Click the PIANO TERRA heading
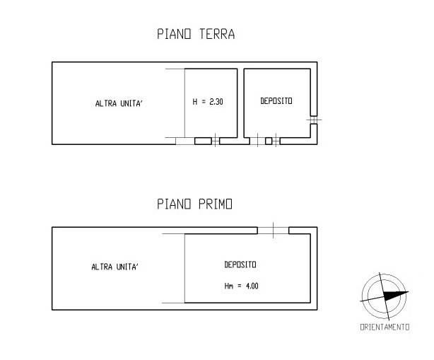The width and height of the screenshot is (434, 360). [x=196, y=34]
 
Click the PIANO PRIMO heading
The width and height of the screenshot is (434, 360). [x=194, y=204]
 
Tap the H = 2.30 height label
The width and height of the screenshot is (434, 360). [x=208, y=102]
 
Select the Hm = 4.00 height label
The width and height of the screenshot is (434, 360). [x=241, y=286]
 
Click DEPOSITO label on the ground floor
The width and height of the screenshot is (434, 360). [x=276, y=101]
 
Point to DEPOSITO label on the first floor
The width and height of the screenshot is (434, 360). [x=240, y=265]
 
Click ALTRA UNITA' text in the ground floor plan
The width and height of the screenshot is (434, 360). [x=119, y=103]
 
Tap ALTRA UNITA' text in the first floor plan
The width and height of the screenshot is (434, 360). [x=115, y=267]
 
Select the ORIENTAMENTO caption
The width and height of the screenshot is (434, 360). [x=385, y=327]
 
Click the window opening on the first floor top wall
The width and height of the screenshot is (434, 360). [x=273, y=231]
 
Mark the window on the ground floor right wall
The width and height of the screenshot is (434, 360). [x=314, y=120]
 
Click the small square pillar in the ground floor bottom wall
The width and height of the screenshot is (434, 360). [x=269, y=141]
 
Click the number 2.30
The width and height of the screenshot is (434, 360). [x=216, y=102]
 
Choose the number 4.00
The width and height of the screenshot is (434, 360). [x=252, y=286]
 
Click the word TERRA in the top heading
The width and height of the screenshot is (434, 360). [x=217, y=34]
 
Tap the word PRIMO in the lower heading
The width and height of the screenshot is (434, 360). [x=216, y=204]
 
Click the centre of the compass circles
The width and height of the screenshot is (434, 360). [x=385, y=296]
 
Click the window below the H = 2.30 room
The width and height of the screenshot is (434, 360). [x=216, y=141]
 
